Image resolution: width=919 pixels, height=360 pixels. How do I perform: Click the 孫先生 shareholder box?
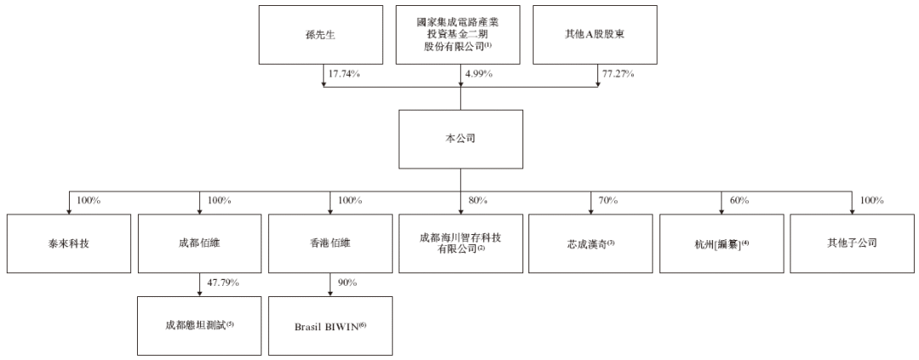321,35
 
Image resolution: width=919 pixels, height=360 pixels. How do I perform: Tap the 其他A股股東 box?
594,35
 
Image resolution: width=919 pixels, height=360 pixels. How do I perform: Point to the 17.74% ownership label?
343,74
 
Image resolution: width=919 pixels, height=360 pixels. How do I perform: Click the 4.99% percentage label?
478,74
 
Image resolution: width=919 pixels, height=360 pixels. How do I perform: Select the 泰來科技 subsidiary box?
69,243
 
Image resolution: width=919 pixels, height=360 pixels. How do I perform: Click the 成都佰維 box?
199,243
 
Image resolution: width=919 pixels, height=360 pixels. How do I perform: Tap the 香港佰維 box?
330,243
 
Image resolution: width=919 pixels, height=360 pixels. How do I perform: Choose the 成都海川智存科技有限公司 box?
460,243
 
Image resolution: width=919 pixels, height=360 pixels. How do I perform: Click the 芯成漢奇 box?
591,243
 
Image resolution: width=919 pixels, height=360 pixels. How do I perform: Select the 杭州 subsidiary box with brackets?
722,243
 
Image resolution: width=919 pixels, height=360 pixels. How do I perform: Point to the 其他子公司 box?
852,243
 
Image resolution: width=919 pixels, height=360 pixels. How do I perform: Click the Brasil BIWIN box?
330,325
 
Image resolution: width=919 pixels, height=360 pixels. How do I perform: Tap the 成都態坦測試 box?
199,325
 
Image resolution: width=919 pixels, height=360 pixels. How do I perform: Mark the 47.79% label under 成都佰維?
223,283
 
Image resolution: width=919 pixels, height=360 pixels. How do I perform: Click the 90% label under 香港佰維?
347,283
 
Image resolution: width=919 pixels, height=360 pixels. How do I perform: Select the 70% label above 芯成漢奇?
608,201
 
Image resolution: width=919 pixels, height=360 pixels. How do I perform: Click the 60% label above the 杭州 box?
739,201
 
